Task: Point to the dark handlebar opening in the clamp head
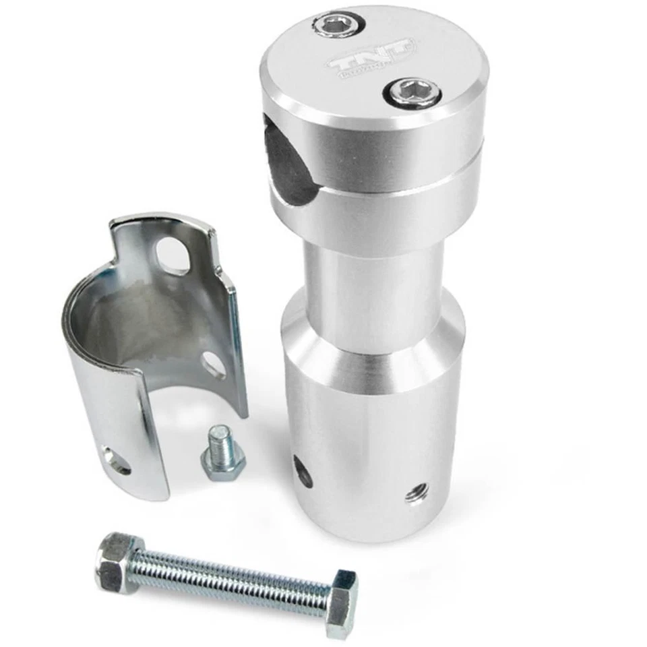coord(288,162)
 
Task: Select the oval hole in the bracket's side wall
coord(214,364)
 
